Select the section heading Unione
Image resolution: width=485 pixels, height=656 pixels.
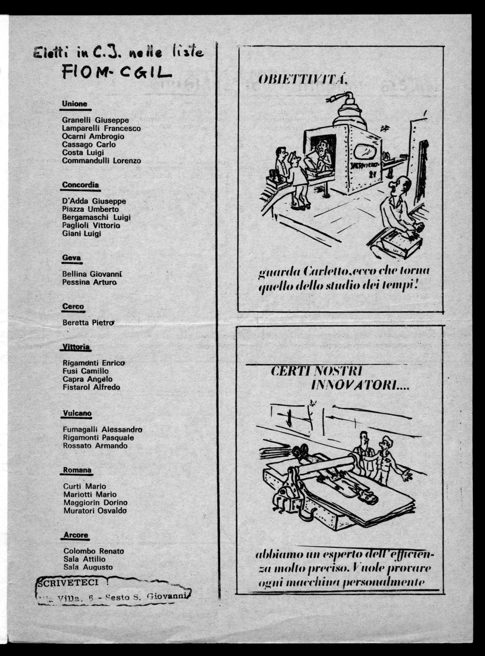[75, 104]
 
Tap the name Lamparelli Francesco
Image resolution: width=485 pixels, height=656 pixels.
[101, 128]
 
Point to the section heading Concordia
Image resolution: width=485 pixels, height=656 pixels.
[81, 185]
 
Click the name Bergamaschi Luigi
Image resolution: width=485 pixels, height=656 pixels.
[97, 217]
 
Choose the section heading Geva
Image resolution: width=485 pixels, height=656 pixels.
[71, 258]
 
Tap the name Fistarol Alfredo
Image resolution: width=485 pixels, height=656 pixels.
[92, 387]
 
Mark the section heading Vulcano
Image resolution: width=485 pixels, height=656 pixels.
[77, 413]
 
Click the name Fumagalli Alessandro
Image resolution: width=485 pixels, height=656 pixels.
[103, 430]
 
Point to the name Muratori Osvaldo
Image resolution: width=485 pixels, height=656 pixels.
[95, 511]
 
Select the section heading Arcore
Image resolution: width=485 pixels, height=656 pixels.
[76, 535]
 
